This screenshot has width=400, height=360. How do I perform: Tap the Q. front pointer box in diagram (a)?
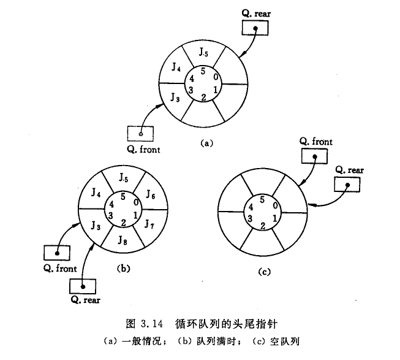(141, 133)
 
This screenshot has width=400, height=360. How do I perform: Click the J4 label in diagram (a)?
(175, 67)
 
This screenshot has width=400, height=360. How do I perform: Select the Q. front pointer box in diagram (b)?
(57, 252)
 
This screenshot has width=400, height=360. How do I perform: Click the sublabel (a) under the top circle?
(206, 143)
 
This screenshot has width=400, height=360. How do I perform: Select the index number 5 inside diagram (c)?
(262, 199)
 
